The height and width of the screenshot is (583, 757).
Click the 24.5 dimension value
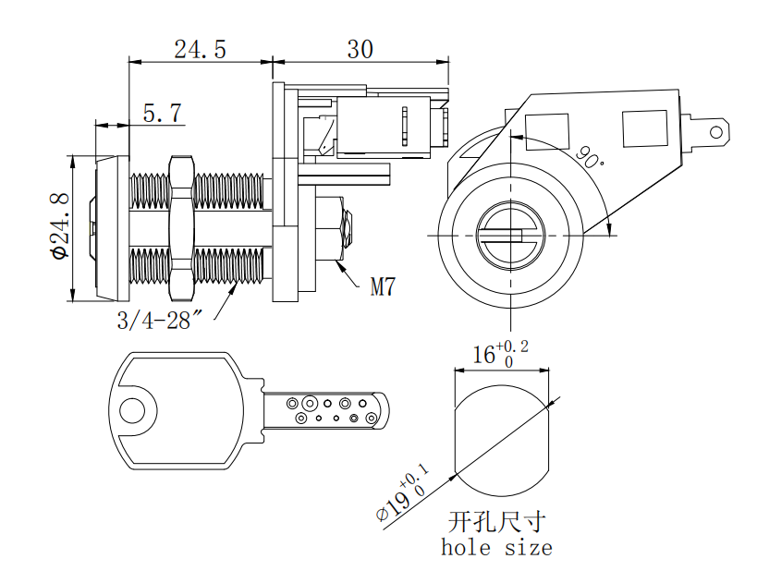tap(200, 49)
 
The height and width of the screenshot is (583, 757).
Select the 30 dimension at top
tap(360, 49)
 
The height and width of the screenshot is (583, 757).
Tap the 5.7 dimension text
tap(162, 114)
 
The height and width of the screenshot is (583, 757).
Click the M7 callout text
tap(383, 287)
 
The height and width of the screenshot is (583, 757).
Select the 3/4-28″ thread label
tap(159, 321)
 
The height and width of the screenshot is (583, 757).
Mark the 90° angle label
tap(588, 156)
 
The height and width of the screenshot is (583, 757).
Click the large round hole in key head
tap(131, 409)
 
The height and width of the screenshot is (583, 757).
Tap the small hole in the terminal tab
tap(714, 131)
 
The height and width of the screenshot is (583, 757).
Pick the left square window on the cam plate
tap(547, 130)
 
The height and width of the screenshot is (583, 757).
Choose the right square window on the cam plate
tap(644, 128)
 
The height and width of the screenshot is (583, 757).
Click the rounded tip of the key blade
tap(381, 409)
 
